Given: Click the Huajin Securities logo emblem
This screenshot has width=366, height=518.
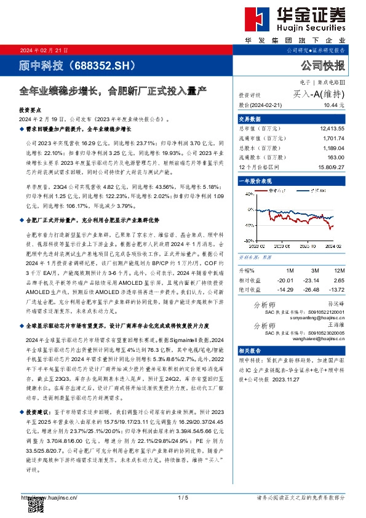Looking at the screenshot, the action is pos(257,20).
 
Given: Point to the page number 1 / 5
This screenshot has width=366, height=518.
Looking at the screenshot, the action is pos(183,496).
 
